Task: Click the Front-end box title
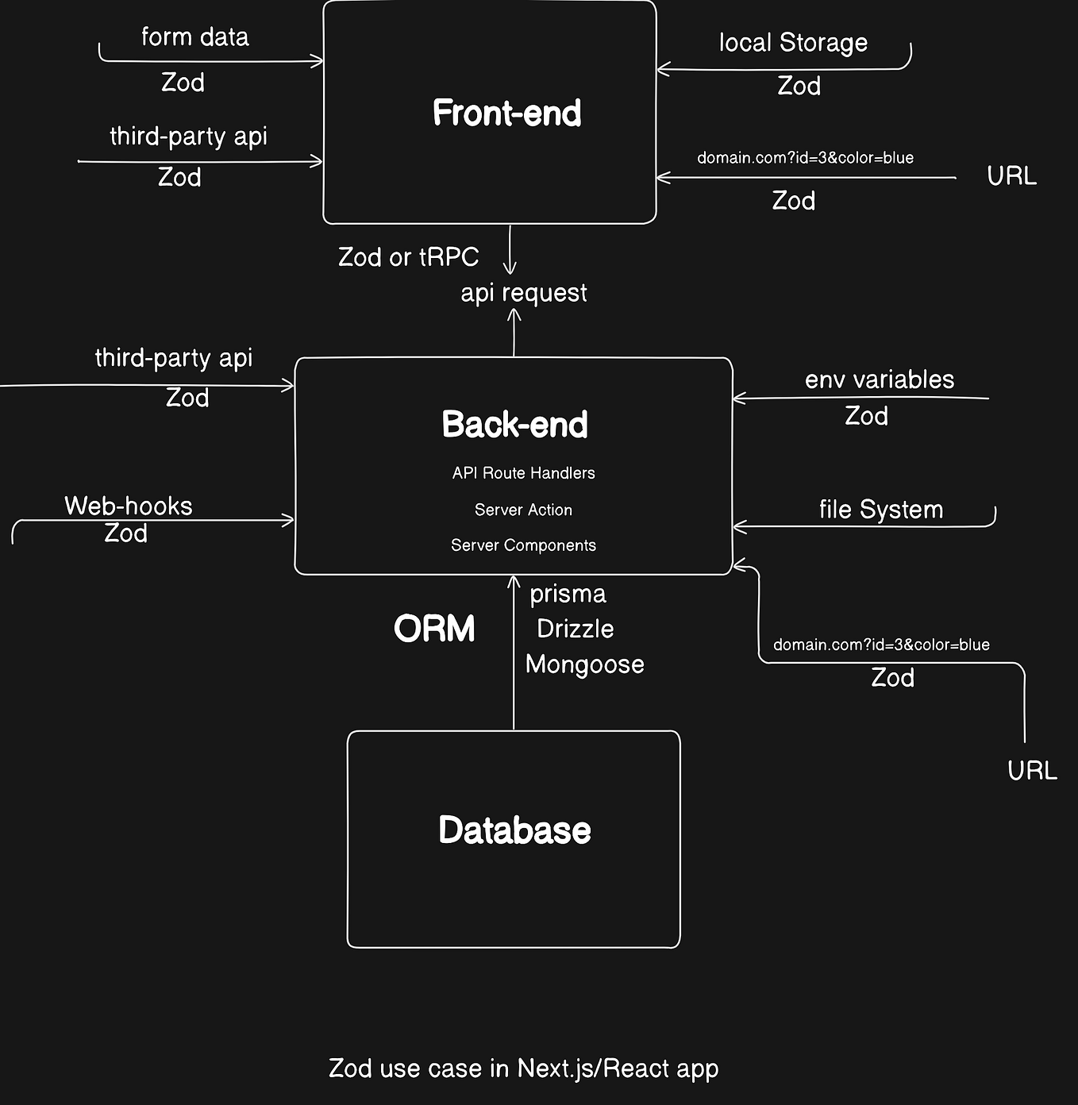(x=506, y=113)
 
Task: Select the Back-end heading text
(x=514, y=425)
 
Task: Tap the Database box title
(x=514, y=830)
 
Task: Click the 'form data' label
(x=194, y=37)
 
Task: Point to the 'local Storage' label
(x=793, y=43)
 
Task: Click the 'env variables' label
(x=879, y=380)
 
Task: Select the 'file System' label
(x=880, y=510)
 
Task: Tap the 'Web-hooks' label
(x=129, y=506)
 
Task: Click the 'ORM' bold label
(x=434, y=629)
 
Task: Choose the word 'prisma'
(x=568, y=594)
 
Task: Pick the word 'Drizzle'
(x=575, y=629)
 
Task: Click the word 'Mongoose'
(x=584, y=664)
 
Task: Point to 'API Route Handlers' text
(x=523, y=473)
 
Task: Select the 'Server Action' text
(x=523, y=510)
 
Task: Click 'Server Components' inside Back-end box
(x=523, y=545)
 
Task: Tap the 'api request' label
(x=524, y=293)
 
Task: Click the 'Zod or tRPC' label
(x=408, y=257)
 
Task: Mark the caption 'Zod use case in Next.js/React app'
(x=523, y=1068)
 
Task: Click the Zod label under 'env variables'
(x=866, y=416)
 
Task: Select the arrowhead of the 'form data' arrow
(x=319, y=60)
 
